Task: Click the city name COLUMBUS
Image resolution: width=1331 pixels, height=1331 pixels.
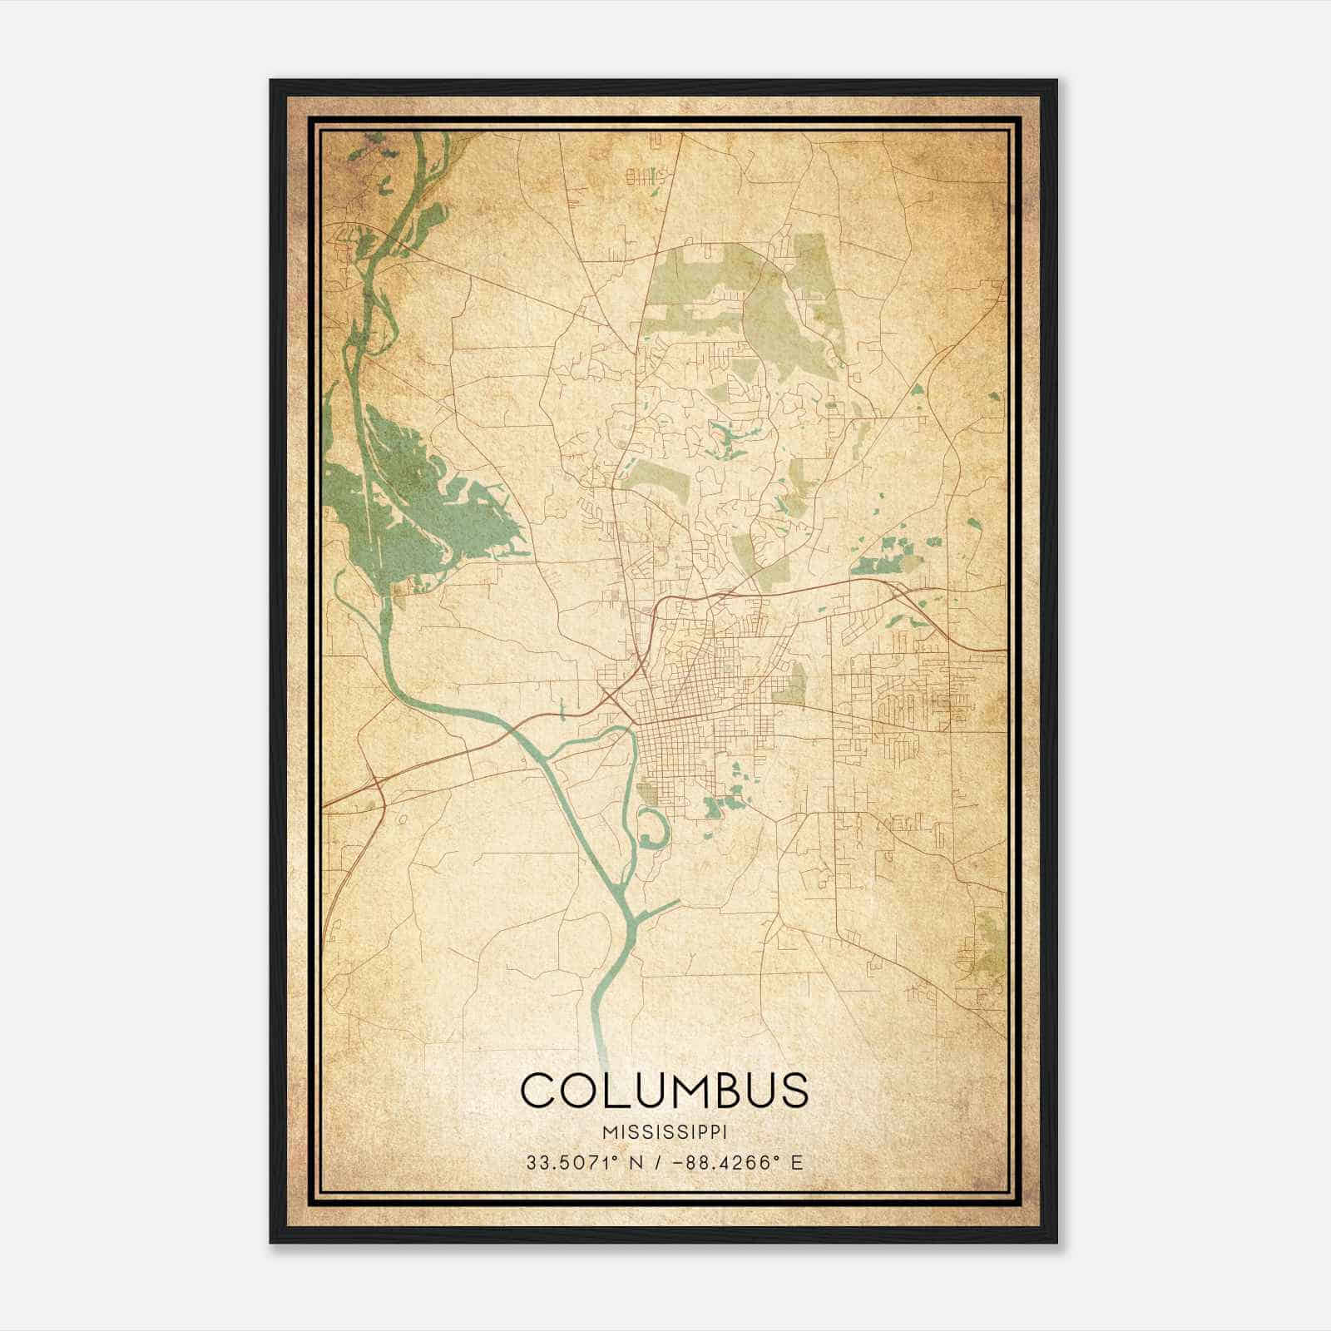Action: [664, 1089]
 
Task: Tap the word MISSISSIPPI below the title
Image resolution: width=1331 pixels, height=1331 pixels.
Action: [664, 1132]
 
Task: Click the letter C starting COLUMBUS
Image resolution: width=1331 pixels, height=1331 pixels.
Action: [539, 1089]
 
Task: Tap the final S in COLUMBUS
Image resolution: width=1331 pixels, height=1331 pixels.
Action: [792, 1089]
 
